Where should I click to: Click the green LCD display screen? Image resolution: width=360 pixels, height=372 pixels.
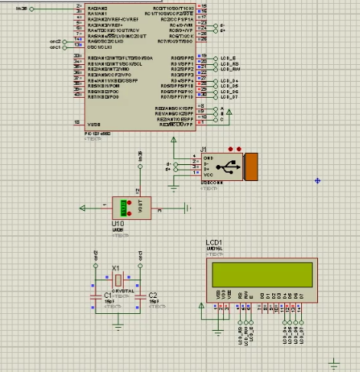click(x=259, y=271)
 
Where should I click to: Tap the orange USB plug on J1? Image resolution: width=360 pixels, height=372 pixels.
click(x=251, y=166)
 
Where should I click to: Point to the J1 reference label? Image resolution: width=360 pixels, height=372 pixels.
click(x=204, y=148)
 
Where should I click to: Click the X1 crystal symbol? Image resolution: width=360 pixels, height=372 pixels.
click(x=117, y=280)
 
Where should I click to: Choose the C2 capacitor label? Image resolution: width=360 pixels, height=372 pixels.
click(x=153, y=294)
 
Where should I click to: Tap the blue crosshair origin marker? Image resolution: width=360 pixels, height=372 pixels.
click(x=317, y=180)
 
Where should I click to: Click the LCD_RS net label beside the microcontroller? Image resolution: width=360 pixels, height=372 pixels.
click(x=229, y=64)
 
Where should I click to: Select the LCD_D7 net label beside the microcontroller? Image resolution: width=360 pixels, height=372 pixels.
click(x=230, y=98)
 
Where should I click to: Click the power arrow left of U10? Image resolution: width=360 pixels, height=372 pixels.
click(x=83, y=207)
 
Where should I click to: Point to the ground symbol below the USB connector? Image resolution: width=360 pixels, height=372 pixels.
click(x=177, y=183)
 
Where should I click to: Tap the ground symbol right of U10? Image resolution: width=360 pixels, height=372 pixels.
click(x=186, y=207)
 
